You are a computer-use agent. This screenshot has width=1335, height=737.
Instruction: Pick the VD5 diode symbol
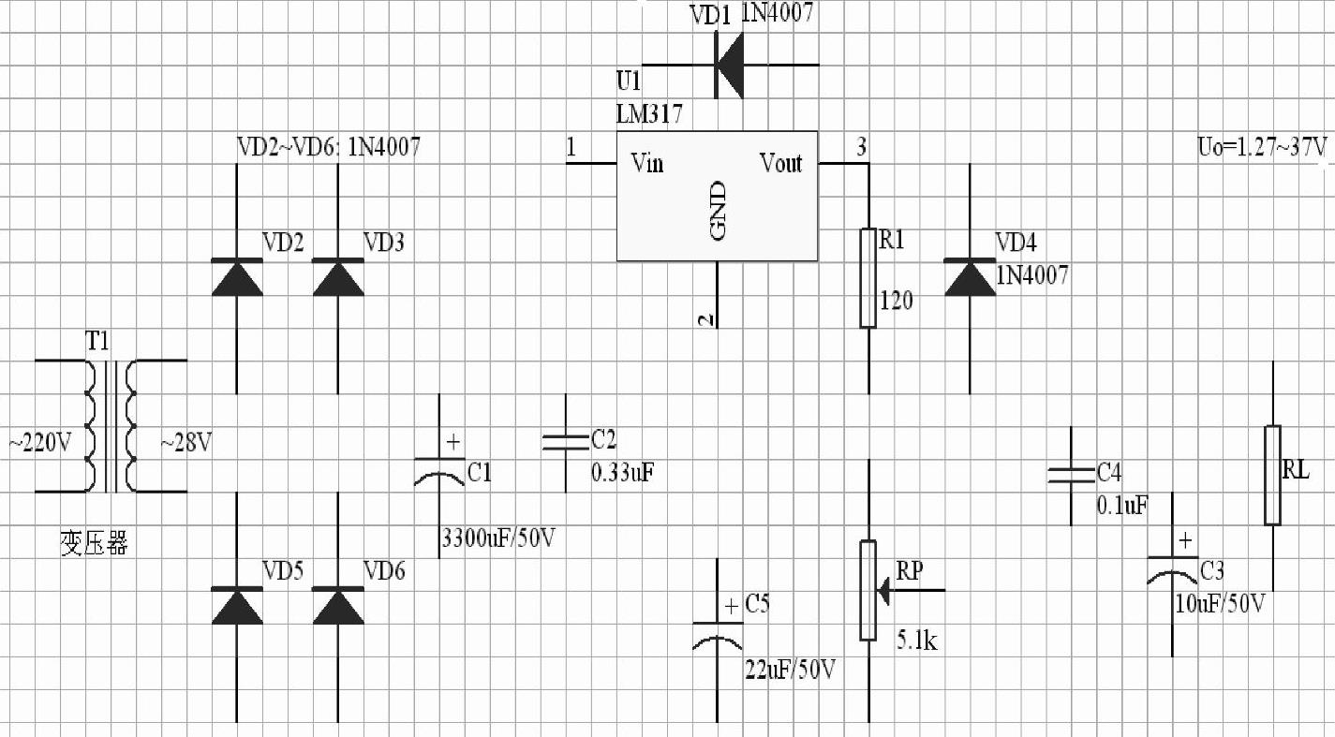tap(236, 606)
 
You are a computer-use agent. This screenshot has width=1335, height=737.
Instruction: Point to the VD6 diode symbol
tap(338, 606)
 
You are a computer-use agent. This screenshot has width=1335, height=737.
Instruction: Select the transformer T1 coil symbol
tap(111, 426)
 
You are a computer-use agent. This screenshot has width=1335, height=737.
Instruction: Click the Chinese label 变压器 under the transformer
tap(94, 544)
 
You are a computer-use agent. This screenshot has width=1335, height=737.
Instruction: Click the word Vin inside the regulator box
tap(647, 164)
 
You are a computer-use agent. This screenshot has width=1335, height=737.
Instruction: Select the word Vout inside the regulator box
tap(781, 164)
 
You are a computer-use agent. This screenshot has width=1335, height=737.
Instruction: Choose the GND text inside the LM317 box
tap(719, 211)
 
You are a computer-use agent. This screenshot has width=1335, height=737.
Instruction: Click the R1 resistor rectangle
tap(868, 278)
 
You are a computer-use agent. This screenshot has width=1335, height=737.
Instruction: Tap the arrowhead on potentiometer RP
tap(883, 591)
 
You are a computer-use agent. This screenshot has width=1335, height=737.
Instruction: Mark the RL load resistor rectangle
tap(1272, 475)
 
